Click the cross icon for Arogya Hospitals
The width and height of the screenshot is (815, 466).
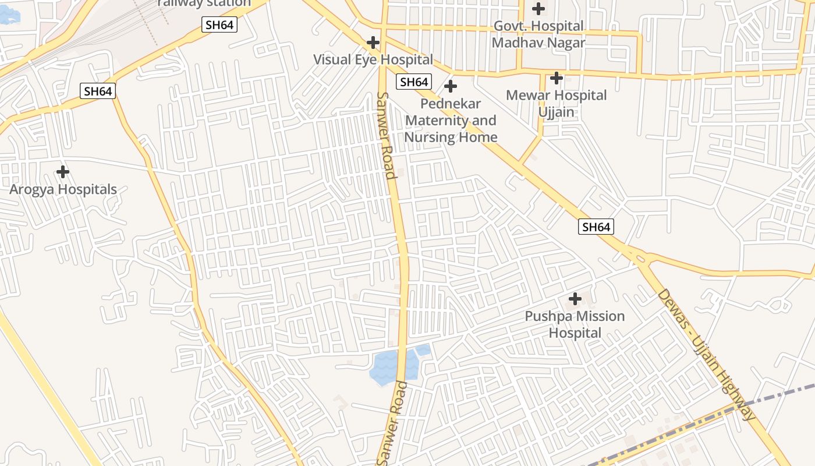[x=63, y=172]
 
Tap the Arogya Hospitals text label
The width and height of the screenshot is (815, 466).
[x=63, y=189]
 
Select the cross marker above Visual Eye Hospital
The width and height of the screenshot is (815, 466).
[x=373, y=43]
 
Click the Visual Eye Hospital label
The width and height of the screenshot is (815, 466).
[x=373, y=59]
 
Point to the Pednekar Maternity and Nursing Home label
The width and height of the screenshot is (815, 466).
[x=451, y=121]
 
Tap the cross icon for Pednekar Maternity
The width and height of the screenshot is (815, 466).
[x=451, y=86]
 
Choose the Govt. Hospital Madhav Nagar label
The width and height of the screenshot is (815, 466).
[x=538, y=34]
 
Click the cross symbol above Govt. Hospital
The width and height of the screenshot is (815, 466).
[x=538, y=9]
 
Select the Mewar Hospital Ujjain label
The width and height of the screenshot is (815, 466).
[x=557, y=103]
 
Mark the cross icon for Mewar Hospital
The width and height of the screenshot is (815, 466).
[x=557, y=77]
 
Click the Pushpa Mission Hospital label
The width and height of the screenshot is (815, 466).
[x=575, y=324]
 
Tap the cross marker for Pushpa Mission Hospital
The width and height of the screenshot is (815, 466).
[x=575, y=299]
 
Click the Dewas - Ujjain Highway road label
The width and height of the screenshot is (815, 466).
[x=706, y=354]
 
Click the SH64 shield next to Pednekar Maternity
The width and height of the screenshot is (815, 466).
[x=414, y=82]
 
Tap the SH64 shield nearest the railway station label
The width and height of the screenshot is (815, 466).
[x=219, y=24]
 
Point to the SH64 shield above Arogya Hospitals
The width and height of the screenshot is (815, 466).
[x=98, y=91]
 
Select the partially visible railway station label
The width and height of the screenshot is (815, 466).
[x=204, y=3]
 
